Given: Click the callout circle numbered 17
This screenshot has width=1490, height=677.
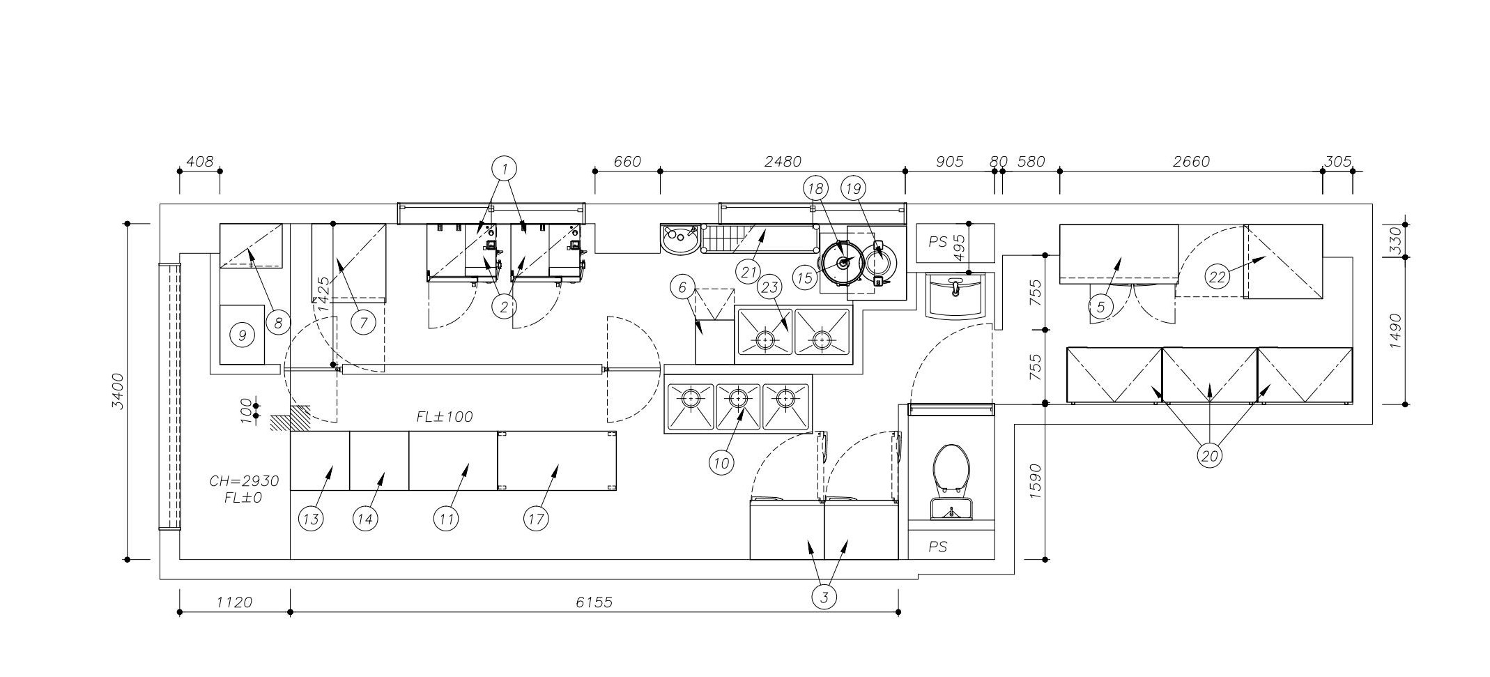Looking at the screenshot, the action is (x=535, y=519).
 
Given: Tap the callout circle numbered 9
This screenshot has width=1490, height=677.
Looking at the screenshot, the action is (x=242, y=335).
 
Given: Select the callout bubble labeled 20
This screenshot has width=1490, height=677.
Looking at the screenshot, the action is (x=1210, y=456).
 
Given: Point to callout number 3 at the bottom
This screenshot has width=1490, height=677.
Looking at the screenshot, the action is (x=824, y=597).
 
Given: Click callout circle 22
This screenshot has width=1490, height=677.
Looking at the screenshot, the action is (x=1217, y=277).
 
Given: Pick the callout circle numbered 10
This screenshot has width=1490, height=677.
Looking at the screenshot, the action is (x=721, y=462).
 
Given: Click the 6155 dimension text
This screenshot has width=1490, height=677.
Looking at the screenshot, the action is (x=594, y=602).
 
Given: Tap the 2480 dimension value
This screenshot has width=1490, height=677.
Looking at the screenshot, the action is (x=783, y=161).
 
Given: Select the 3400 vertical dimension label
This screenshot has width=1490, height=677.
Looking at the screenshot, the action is (x=118, y=391).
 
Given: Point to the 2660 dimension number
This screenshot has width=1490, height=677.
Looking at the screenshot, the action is (x=1191, y=161).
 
